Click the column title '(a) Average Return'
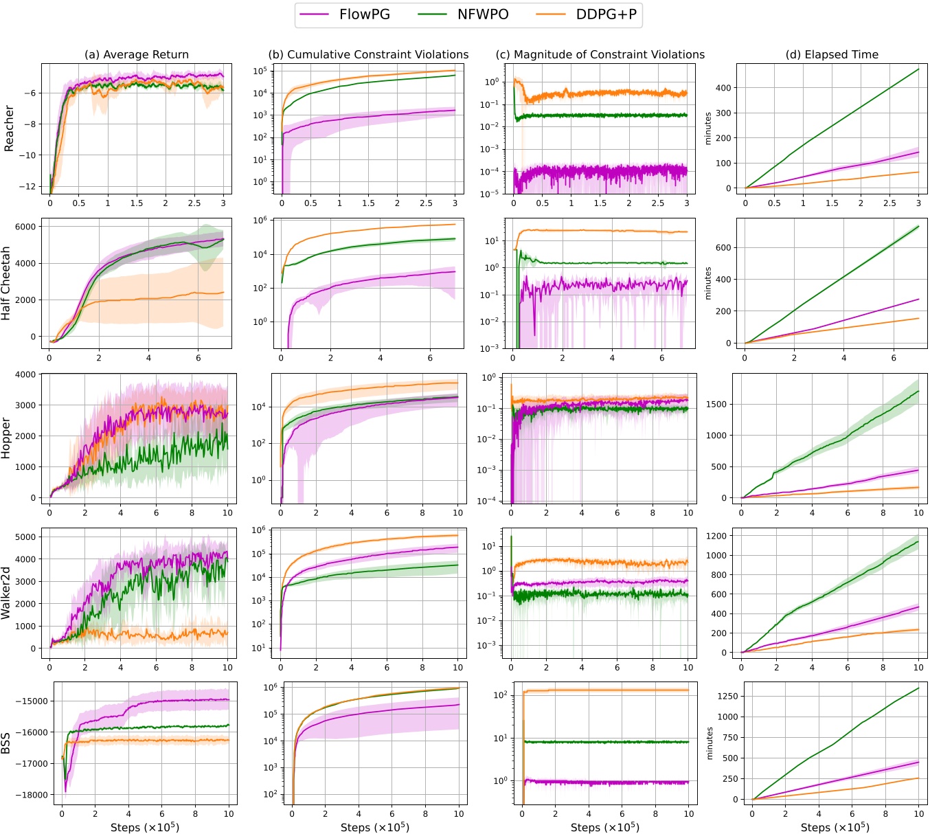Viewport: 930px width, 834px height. tap(136, 54)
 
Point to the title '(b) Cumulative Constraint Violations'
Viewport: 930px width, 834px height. tap(368, 54)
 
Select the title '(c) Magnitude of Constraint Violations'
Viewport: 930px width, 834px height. tap(600, 54)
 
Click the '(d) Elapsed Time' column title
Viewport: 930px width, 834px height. tap(832, 54)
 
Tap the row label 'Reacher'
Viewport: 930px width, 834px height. tap(9, 128)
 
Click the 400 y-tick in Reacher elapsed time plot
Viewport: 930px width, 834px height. tap(723, 88)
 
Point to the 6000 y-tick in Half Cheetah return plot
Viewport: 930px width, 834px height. tap(25, 227)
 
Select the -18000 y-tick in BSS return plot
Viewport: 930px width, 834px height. tap(32, 795)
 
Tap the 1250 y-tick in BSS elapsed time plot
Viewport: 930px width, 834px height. tap(728, 696)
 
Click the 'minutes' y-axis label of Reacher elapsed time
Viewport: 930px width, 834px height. tap(708, 128)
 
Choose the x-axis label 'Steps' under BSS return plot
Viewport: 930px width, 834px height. tap(145, 827)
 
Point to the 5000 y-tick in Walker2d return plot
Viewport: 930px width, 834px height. tap(25, 537)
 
